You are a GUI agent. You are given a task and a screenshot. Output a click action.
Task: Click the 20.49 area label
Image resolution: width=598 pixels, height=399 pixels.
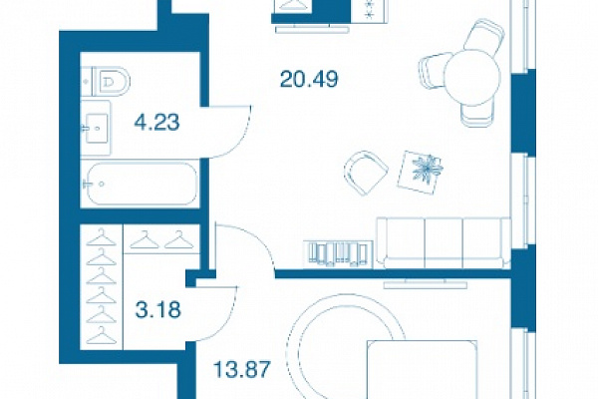click(309, 80)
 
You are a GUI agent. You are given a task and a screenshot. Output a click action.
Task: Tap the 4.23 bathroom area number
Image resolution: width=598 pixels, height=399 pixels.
click(156, 123)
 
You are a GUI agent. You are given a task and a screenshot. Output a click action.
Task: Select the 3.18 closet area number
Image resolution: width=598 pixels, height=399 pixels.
click(157, 309)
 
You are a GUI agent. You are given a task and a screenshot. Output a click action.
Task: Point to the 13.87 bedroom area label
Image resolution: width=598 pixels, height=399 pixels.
click(242, 369)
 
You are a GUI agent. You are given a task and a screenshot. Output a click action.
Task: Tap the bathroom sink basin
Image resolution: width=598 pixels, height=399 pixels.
click(97, 128)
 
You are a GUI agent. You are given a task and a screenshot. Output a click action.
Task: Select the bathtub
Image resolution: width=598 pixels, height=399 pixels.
click(140, 184)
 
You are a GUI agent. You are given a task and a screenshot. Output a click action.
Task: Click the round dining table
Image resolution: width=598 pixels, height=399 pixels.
click(472, 77)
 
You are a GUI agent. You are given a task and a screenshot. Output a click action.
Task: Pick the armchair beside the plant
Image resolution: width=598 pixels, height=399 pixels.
click(366, 173)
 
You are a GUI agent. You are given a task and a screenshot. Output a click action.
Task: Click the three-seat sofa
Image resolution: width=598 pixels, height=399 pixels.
click(444, 242)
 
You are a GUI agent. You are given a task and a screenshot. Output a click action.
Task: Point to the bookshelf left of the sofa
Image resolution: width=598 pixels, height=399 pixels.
click(338, 254)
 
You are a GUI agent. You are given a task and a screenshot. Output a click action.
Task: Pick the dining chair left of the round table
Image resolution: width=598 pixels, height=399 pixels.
click(434, 72)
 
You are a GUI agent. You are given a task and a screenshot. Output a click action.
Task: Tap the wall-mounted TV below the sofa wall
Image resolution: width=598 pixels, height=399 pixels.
click(426, 283)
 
